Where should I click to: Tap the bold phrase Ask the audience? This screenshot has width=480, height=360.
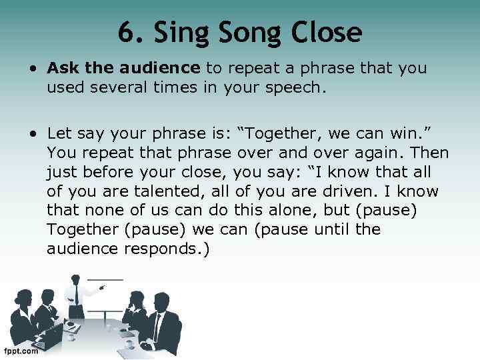click(x=123, y=68)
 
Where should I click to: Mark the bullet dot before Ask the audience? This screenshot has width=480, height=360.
click(x=33, y=69)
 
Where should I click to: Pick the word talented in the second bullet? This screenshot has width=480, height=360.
click(x=155, y=192)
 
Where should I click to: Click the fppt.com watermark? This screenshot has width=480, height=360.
click(x=21, y=351)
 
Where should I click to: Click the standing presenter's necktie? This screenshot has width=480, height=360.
click(x=77, y=294)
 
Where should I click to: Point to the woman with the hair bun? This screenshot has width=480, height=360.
click(x=20, y=303)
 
